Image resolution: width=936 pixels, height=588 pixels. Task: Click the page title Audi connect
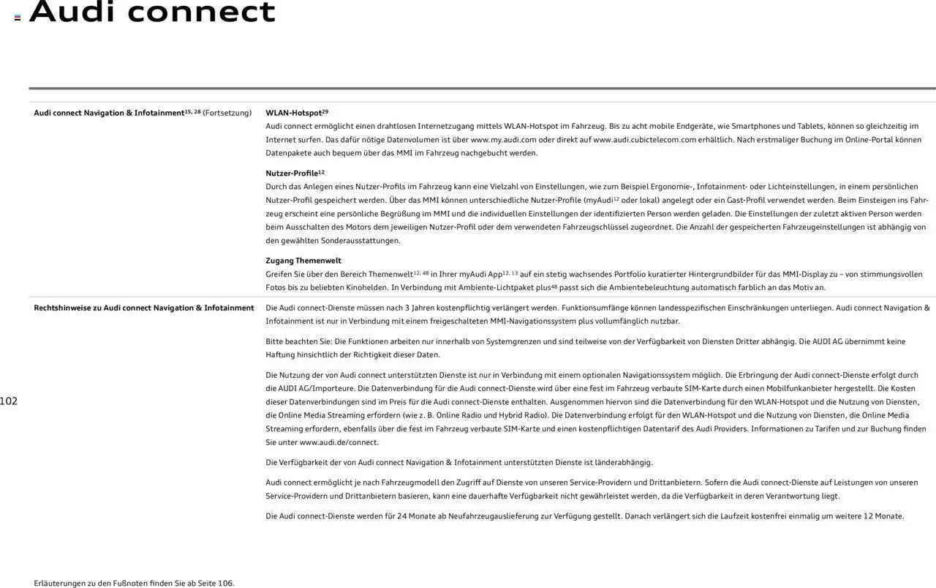pyautogui.click(x=152, y=12)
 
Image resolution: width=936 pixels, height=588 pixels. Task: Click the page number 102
pyautogui.click(x=9, y=401)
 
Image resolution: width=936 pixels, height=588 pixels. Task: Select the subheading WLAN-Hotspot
pyautogui.click(x=293, y=113)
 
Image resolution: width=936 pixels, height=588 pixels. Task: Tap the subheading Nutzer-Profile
pyautogui.click(x=292, y=174)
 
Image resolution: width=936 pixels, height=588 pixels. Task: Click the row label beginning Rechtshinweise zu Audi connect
pyautogui.click(x=144, y=308)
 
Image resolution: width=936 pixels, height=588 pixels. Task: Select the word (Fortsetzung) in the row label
pyautogui.click(x=227, y=113)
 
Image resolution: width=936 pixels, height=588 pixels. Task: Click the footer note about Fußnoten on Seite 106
pyautogui.click(x=134, y=584)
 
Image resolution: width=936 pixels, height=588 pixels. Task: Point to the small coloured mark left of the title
pyautogui.click(x=18, y=18)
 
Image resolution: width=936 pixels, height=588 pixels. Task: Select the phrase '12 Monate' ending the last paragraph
pyautogui.click(x=883, y=516)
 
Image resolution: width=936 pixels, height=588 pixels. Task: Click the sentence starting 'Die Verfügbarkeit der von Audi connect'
pyautogui.click(x=459, y=463)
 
